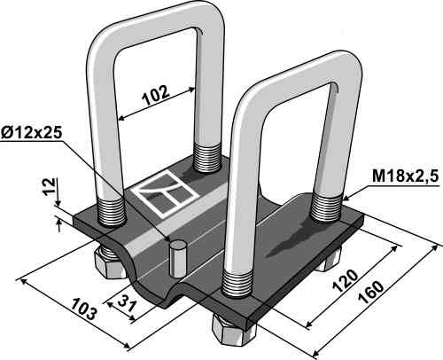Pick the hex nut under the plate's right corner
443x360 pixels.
pos(328,258)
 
